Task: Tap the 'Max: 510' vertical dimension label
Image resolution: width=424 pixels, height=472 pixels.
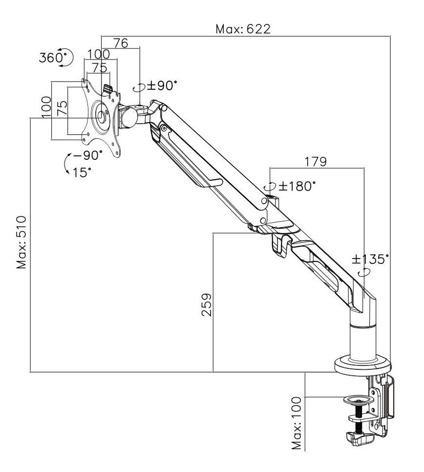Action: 22,242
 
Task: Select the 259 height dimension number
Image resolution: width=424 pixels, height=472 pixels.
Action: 207,304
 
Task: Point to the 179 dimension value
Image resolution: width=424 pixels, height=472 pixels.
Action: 316,161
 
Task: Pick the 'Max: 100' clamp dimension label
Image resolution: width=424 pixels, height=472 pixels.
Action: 297,423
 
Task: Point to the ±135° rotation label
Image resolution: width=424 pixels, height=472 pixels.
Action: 371,258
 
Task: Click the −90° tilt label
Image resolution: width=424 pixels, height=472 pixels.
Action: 88,155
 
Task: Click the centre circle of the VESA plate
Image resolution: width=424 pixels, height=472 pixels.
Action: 102,116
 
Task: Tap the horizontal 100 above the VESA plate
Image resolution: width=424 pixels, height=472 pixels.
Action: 99,54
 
